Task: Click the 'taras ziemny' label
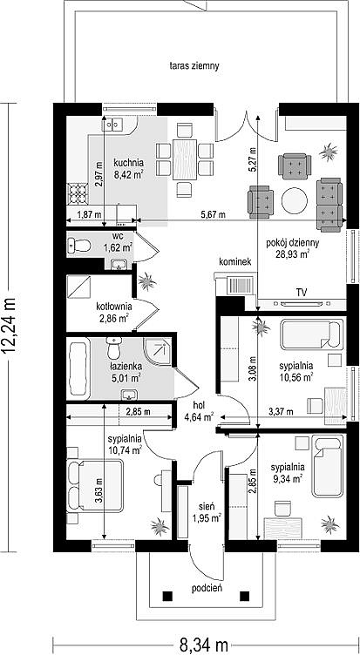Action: [194, 66]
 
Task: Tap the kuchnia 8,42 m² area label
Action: [129, 169]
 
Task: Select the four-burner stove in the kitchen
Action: [78, 194]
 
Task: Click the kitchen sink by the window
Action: [113, 124]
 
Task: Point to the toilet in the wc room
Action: [80, 246]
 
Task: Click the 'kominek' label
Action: [235, 262]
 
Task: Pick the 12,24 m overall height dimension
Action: [11, 326]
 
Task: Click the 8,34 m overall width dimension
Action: [203, 645]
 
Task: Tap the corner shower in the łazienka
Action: [158, 351]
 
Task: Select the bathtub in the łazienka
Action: [78, 368]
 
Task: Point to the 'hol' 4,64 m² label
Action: [199, 410]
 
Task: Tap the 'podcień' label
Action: [207, 589]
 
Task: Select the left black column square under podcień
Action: [167, 596]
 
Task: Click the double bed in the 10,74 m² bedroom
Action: [95, 486]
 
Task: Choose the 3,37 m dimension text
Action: [281, 412]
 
